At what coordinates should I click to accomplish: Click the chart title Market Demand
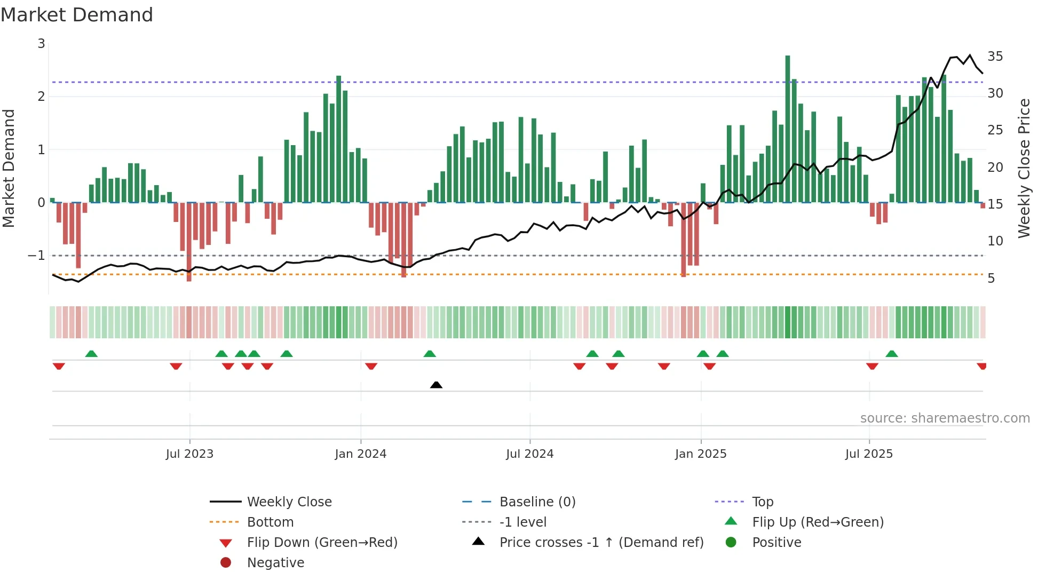tap(77, 15)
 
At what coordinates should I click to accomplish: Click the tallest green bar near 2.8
tap(788, 128)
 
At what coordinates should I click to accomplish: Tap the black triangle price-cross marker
tap(436, 385)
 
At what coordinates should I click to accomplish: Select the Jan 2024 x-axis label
tap(360, 454)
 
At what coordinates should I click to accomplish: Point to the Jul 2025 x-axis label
tap(869, 454)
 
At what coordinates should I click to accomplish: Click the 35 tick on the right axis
tap(995, 57)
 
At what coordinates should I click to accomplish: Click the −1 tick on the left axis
tap(37, 256)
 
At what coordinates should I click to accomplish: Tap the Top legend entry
tap(763, 502)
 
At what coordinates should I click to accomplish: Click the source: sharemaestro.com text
tap(945, 418)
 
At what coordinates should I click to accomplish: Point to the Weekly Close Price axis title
tap(1024, 168)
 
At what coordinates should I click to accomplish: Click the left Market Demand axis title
tap(9, 168)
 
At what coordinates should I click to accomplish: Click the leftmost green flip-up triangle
tap(91, 354)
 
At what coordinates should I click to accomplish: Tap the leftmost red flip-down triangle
tap(59, 366)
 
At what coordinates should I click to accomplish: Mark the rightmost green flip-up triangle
tap(891, 354)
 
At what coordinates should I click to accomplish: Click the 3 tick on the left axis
tap(41, 44)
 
